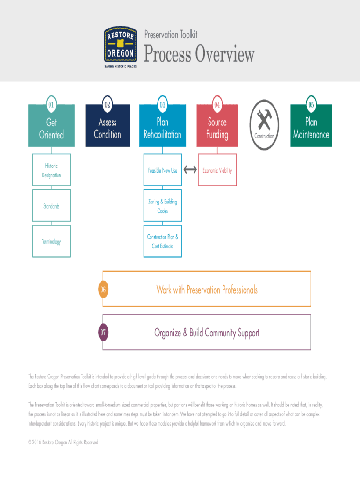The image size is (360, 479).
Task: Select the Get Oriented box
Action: pyautogui.click(x=51, y=128)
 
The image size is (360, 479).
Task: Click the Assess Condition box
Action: pyautogui.click(x=107, y=128)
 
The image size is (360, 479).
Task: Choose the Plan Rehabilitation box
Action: pyautogui.click(x=162, y=128)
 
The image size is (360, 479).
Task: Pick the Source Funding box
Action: pyautogui.click(x=217, y=128)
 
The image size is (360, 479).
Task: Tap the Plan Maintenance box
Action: pyautogui.click(x=311, y=128)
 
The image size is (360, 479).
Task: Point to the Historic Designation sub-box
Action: pyautogui.click(x=51, y=170)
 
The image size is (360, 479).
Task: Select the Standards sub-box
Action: pyautogui.click(x=51, y=206)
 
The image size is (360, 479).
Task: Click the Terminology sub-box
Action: pyautogui.click(x=51, y=241)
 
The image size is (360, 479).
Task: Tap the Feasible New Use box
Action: pyautogui.click(x=162, y=170)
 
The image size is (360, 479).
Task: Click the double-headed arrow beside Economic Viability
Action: pyautogui.click(x=190, y=170)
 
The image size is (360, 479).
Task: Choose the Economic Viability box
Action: pyautogui.click(x=217, y=170)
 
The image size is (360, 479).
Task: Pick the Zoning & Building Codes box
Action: pyautogui.click(x=162, y=206)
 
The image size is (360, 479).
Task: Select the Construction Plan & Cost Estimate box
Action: pyautogui.click(x=162, y=241)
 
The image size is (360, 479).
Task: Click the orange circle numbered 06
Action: pyautogui.click(x=103, y=290)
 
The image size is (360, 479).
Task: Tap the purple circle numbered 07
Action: pyautogui.click(x=103, y=333)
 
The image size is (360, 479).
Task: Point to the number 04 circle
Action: pyautogui.click(x=217, y=104)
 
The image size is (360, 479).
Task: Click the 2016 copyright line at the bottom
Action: pyautogui.click(x=63, y=442)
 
